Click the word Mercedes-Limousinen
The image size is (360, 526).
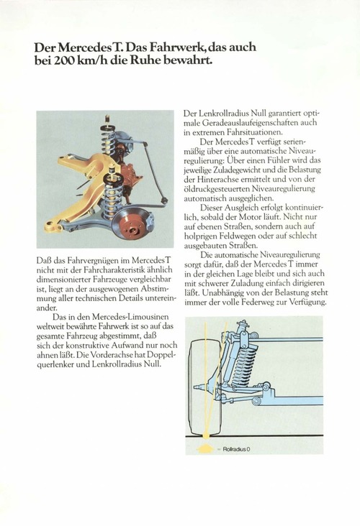click(130, 316)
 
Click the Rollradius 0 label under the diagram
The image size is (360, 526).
click(236, 449)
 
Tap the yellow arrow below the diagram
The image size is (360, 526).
click(204, 448)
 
